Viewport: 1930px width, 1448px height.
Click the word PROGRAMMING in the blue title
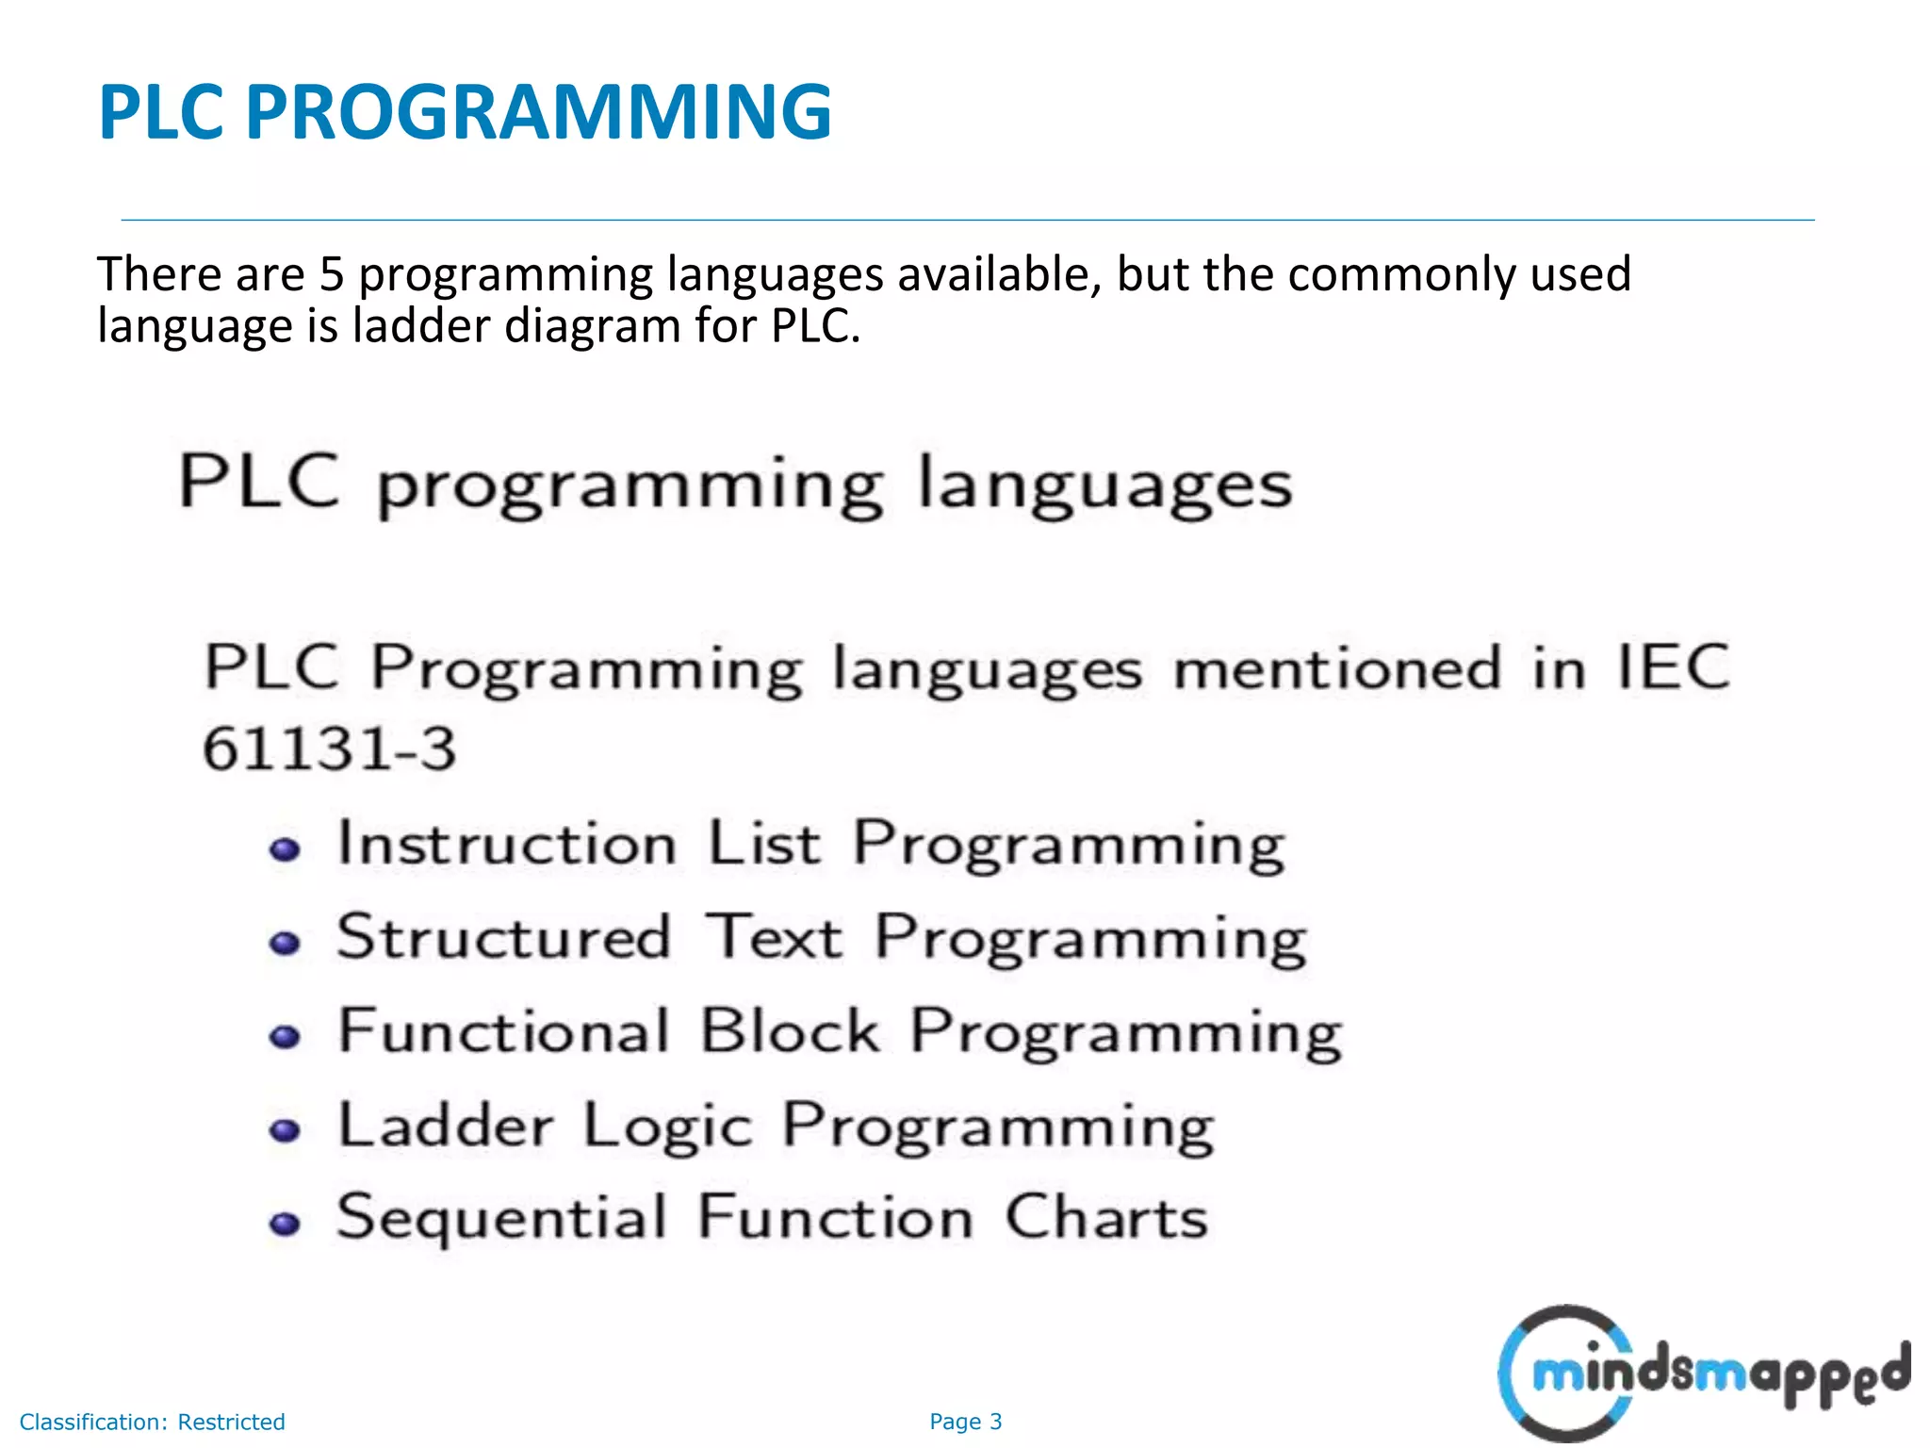point(538,112)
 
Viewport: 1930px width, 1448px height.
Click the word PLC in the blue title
point(161,112)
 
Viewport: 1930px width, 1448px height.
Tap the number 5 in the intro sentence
point(332,275)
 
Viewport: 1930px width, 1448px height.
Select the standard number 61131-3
point(330,749)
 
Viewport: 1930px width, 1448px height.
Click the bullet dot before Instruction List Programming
point(285,849)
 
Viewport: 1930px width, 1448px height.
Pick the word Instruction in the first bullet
point(507,843)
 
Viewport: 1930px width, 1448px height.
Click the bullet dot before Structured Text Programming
point(285,943)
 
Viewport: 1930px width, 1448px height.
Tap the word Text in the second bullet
point(775,937)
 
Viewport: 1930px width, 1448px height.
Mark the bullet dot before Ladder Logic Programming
point(285,1129)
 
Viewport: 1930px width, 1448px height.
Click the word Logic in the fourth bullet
point(667,1127)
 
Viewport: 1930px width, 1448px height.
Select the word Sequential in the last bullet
point(502,1218)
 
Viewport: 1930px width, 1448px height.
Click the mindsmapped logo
point(1704,1374)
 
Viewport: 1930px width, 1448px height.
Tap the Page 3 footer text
point(965,1422)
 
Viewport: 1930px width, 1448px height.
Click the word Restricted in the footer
point(231,1422)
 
